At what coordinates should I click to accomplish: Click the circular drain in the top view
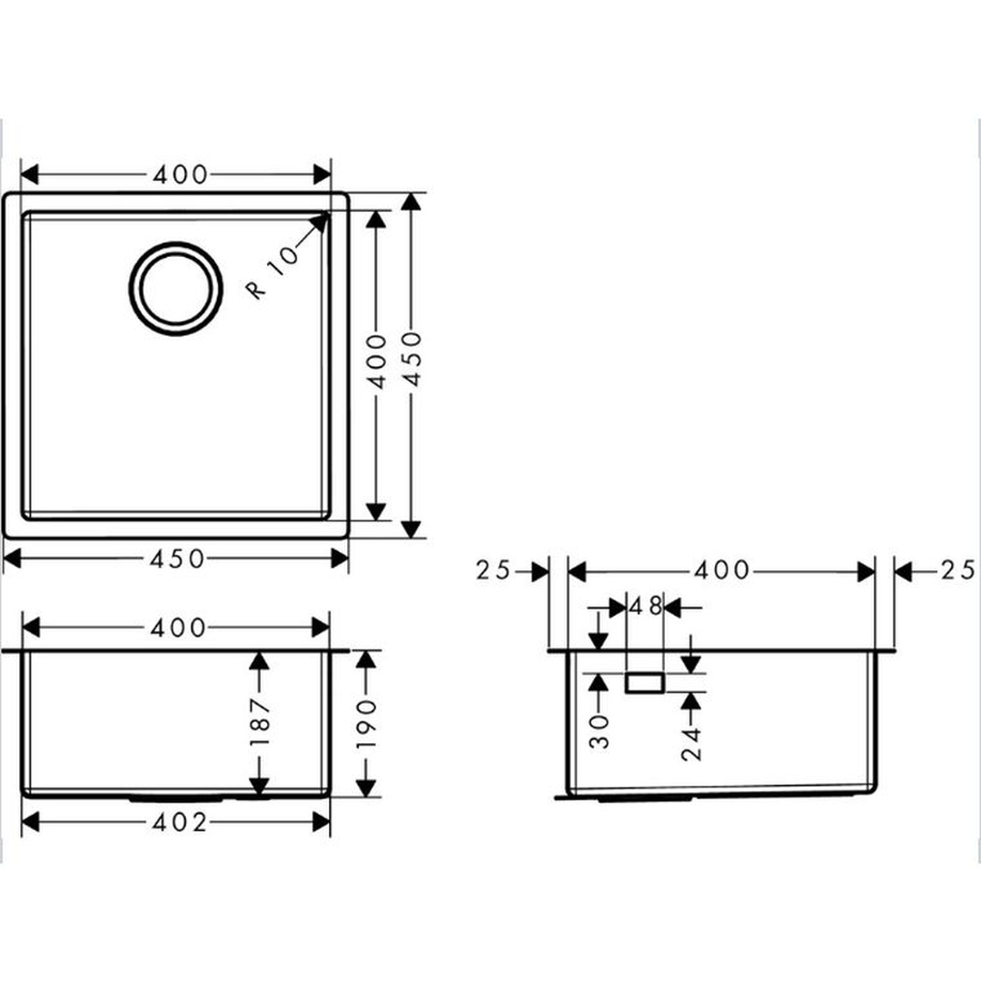(x=176, y=243)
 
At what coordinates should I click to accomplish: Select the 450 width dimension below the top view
(x=177, y=559)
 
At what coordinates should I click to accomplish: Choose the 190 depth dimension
(x=366, y=724)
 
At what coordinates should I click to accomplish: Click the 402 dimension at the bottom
(x=180, y=823)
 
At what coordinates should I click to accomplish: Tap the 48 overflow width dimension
(x=645, y=606)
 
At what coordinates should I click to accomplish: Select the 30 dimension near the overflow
(x=599, y=731)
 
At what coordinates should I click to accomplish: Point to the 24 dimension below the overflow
(x=691, y=744)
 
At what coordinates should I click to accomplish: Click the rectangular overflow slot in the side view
(x=645, y=683)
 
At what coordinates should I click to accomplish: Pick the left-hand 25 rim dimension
(x=494, y=570)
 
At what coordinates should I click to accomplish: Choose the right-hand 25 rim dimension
(x=957, y=570)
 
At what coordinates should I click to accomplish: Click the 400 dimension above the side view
(x=722, y=570)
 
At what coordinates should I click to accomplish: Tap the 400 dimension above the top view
(x=180, y=175)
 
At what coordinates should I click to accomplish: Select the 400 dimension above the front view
(x=178, y=628)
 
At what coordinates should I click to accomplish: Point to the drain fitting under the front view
(x=177, y=799)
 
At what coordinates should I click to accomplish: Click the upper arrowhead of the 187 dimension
(x=260, y=660)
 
